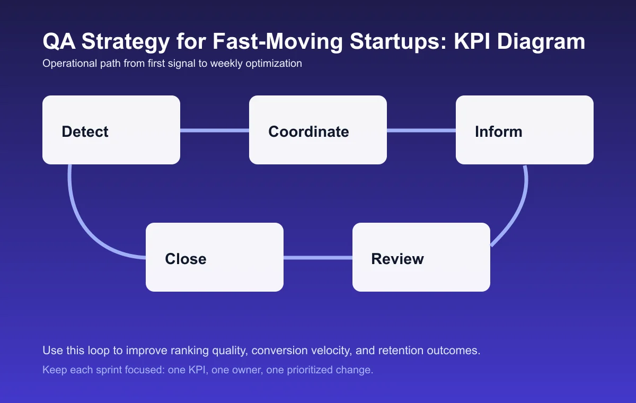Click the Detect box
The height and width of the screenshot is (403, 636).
click(x=111, y=130)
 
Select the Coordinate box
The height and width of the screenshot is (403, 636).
click(x=318, y=130)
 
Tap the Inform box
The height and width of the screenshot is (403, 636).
click(x=525, y=130)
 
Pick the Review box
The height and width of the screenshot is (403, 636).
click(x=421, y=257)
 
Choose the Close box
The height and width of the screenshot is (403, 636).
click(x=215, y=257)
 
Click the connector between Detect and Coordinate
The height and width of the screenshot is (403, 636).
click(x=215, y=130)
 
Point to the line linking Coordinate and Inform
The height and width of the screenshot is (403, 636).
click(x=421, y=130)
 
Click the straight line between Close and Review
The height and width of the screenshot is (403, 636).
click(x=318, y=258)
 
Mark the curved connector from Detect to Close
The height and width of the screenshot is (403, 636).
click(x=85, y=223)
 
